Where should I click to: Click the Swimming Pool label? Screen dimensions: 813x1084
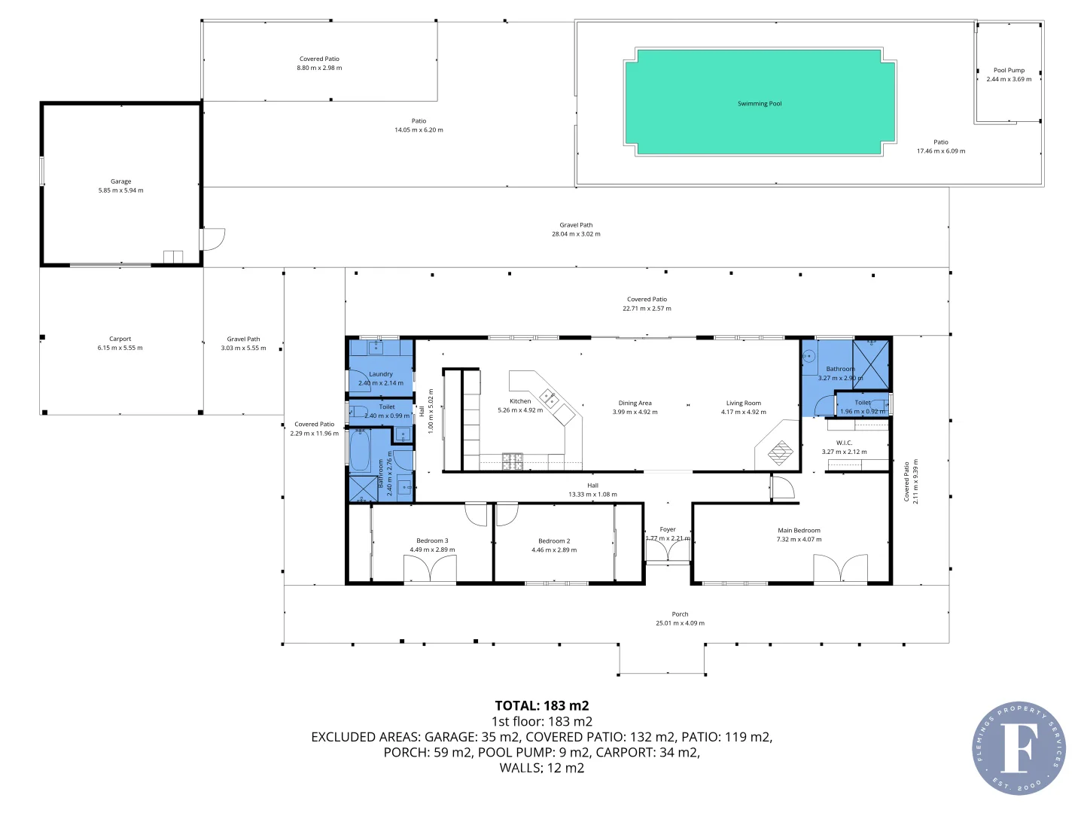759,104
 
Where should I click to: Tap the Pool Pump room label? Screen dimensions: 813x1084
1009,70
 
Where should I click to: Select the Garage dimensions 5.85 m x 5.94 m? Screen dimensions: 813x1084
120,190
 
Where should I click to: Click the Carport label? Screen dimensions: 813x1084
120,339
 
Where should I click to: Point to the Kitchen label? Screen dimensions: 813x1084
520,401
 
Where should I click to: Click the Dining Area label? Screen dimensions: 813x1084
635,403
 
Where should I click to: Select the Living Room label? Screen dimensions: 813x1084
743,403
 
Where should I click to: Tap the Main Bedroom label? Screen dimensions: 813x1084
799,530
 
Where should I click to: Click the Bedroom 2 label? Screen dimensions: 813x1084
554,540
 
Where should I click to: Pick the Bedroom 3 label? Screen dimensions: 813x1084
432,540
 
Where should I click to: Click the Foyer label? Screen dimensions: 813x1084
668,529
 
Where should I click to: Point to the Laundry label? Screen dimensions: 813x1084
381,374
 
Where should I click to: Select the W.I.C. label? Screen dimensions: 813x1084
844,443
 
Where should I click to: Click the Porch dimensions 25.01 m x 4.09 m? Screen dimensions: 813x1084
680,623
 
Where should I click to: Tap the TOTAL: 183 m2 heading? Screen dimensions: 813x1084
541,705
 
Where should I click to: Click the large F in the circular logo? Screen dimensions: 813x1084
1018,748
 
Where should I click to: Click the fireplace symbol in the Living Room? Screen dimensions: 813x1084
781,452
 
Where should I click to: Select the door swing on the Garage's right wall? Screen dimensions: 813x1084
214,239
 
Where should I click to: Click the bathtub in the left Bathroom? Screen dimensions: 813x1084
360,450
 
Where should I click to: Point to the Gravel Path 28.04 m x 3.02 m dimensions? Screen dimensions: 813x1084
576,234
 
